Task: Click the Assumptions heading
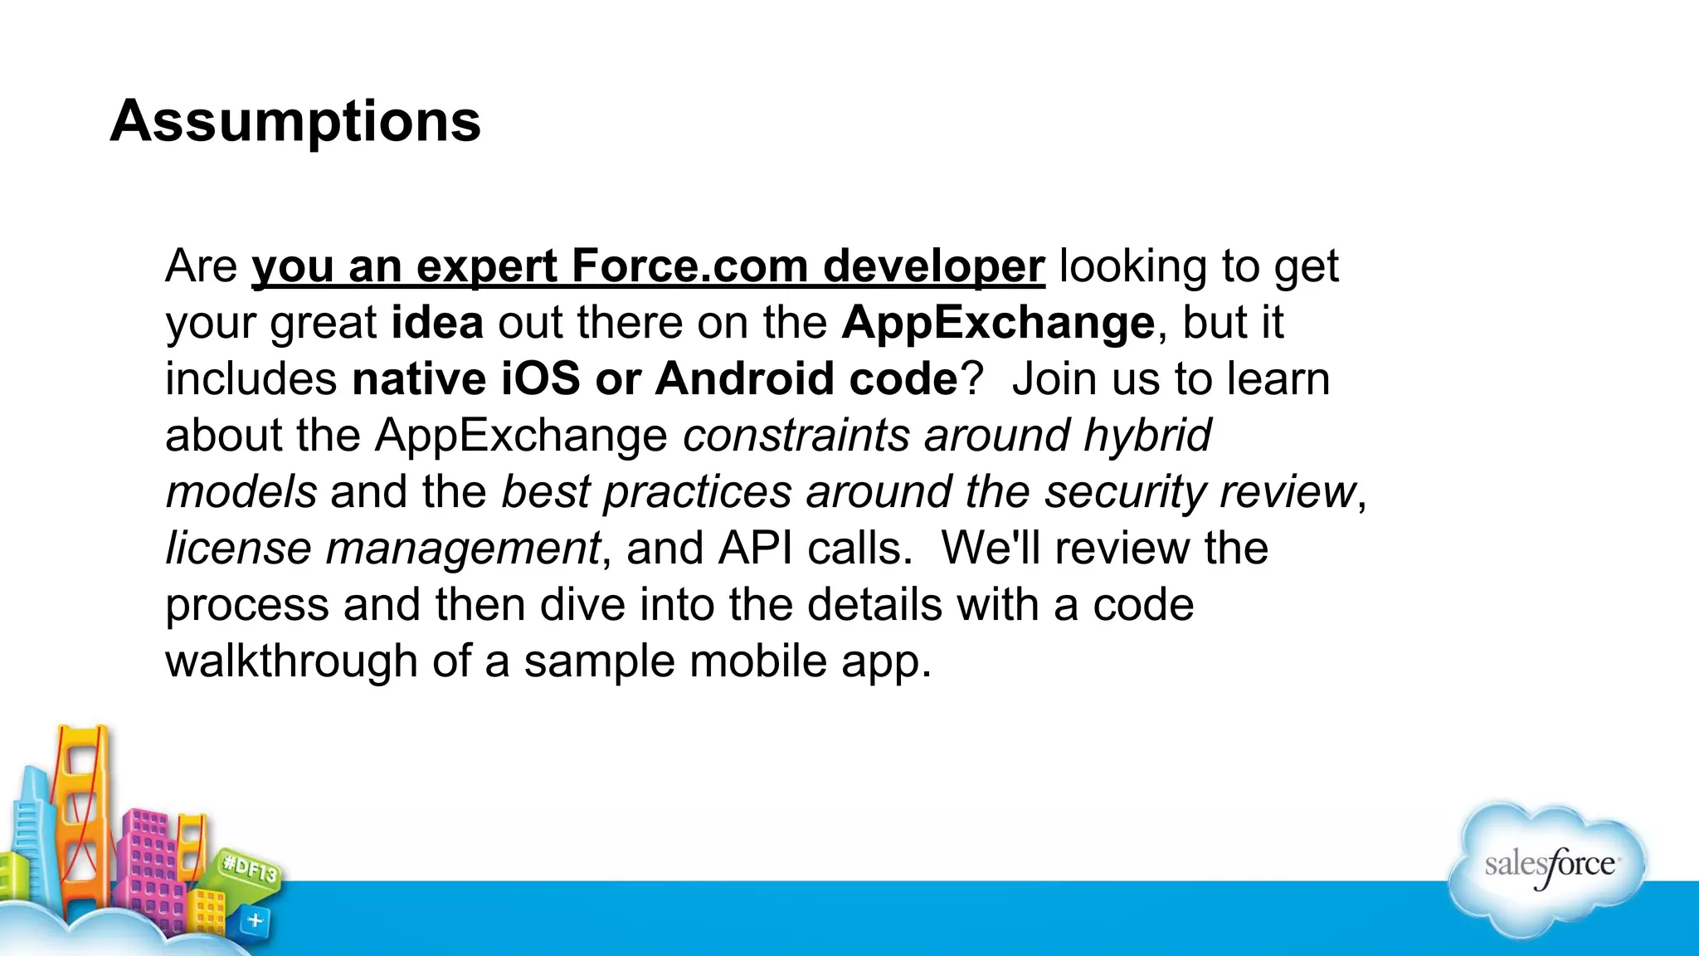295,121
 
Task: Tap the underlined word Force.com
689,266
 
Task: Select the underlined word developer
933,268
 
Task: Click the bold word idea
437,322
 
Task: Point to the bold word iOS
540,378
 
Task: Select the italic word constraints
796,435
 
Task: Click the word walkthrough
291,661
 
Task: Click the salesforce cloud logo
1548,867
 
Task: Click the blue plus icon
256,920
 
